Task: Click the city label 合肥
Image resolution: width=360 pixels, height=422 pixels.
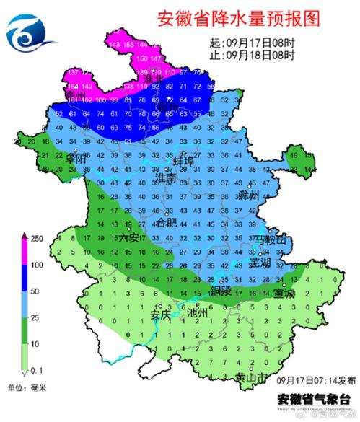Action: point(167,221)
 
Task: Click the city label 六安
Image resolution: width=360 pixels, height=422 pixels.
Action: point(129,237)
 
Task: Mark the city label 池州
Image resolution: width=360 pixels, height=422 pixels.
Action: point(197,314)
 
